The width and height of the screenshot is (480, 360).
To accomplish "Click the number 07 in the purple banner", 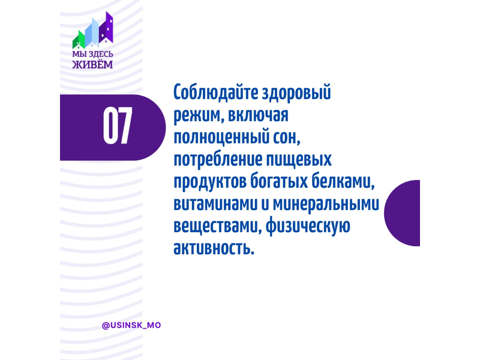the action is coord(118,126).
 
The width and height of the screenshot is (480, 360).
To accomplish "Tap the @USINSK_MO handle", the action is coord(131,325).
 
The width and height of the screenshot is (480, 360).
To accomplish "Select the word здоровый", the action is coord(296,93).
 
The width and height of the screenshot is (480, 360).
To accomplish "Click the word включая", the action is coord(258,115).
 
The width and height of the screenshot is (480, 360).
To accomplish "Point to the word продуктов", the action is coord(209,182).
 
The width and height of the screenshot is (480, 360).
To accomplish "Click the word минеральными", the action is coord(326,204).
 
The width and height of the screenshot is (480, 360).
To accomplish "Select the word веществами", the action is coord(217,227).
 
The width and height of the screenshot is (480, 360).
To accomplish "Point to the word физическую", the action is coord(308,227).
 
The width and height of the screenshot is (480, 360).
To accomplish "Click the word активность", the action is coord(214,248).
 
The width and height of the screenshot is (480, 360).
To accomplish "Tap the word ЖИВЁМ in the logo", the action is coord(92,65).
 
